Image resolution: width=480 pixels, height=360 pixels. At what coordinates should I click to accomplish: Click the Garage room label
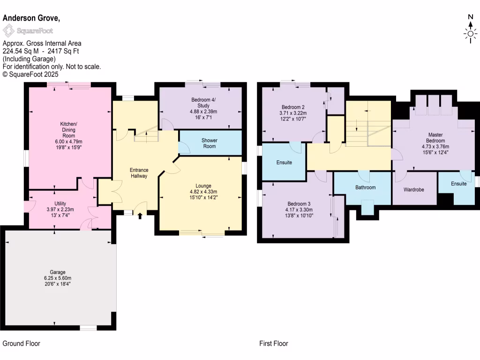point(58,272)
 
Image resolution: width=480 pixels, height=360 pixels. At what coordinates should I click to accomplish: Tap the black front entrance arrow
point(140,216)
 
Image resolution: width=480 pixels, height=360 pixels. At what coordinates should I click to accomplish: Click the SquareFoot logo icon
point(8,31)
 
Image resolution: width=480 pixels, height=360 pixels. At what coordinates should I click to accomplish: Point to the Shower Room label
point(209,143)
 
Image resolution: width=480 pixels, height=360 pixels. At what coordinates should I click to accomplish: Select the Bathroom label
point(365,187)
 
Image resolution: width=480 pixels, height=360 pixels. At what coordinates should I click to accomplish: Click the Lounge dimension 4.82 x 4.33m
point(203,192)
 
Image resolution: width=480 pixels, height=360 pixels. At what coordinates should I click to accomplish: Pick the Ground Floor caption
point(22,344)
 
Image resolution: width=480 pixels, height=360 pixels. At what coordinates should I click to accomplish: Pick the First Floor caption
point(274,344)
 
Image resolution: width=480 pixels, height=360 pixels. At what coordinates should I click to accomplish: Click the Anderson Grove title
point(31,18)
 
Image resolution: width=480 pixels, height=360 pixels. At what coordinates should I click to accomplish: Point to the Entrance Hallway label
point(139,173)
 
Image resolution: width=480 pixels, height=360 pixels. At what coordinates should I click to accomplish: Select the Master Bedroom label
point(435,137)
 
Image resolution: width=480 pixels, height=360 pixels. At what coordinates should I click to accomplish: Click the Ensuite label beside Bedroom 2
point(284,163)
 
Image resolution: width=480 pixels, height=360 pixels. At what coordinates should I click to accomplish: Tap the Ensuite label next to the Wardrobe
point(459,184)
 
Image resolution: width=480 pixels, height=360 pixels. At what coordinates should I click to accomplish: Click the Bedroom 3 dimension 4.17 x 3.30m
point(300,210)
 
